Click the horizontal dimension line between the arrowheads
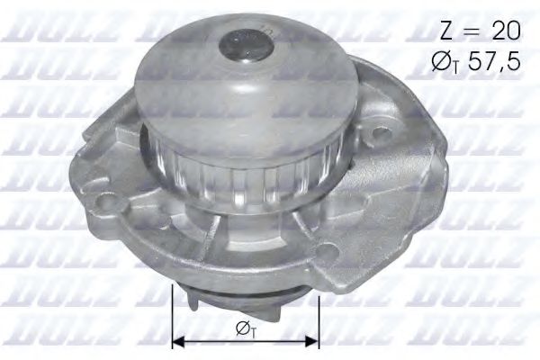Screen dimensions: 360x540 click(x=245, y=341)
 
